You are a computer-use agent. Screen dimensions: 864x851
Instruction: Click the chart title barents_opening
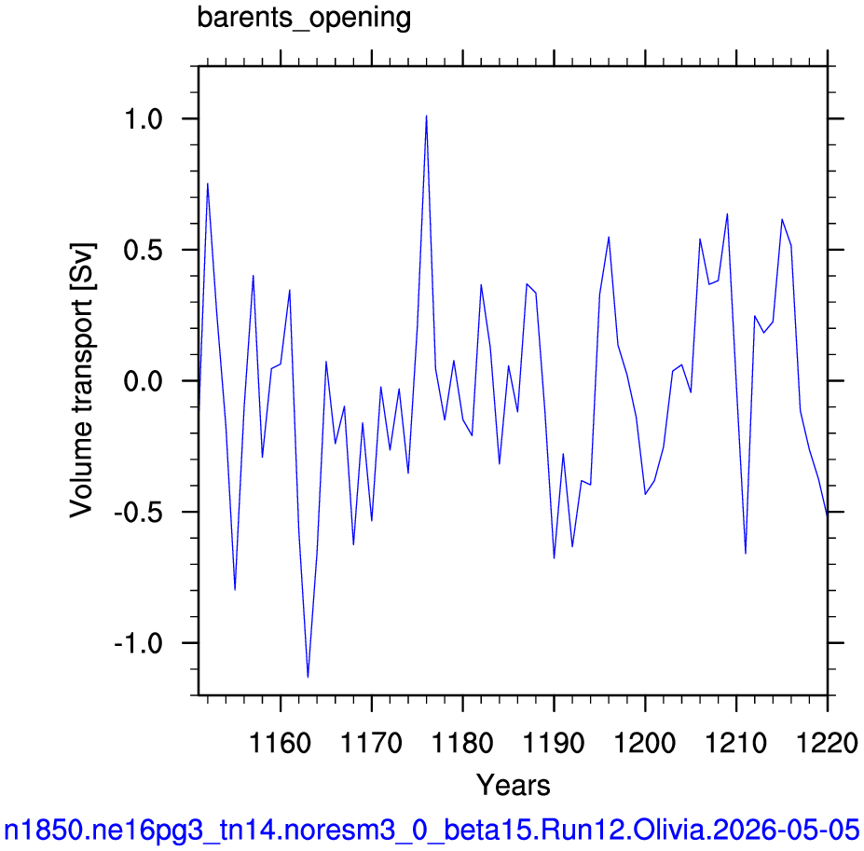[304, 19]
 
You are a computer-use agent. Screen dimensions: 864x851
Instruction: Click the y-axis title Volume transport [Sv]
[82, 381]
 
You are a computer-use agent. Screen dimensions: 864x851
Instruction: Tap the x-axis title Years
[513, 785]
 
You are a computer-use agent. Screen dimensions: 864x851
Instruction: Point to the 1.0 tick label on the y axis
[144, 119]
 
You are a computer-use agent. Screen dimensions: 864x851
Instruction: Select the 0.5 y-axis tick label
[144, 250]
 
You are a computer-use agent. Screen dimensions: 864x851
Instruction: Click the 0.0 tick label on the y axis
[144, 381]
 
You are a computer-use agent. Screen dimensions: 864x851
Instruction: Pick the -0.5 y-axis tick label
[138, 513]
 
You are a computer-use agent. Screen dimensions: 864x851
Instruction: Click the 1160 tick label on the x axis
[281, 743]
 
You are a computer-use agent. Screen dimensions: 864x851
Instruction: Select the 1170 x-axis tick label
[372, 743]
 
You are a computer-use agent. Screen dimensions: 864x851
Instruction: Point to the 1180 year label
[463, 743]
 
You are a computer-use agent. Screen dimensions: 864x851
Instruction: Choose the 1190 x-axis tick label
[554, 743]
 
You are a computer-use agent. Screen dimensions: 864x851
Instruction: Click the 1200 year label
[645, 743]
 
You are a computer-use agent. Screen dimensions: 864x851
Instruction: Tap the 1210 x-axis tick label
[736, 743]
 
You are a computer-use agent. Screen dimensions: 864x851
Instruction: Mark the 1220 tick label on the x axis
[827, 743]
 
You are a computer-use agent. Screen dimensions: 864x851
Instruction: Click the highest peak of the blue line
[427, 116]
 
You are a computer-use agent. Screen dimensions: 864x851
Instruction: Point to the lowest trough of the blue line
[308, 677]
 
